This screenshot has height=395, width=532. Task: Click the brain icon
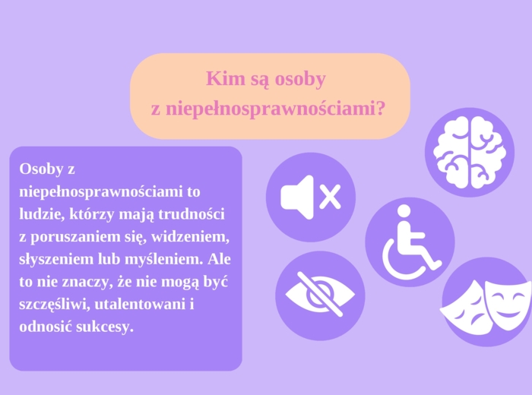point(469,152)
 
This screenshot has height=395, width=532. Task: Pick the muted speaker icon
point(310,197)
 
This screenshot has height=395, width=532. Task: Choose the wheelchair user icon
point(410,242)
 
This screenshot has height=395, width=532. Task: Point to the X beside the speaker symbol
point(330,197)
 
